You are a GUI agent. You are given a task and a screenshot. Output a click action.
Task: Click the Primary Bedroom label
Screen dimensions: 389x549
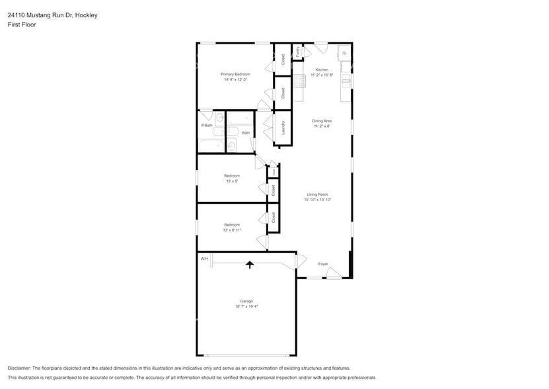[x=235, y=74]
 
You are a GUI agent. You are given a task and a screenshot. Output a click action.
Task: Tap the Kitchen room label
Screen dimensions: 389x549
[x=322, y=69]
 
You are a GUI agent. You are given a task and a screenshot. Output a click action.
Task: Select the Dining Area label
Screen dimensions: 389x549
[x=322, y=120]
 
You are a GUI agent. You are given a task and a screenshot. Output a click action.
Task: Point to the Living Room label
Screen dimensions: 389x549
[x=317, y=194]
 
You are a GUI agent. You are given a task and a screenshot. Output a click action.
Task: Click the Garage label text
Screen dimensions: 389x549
[x=246, y=301]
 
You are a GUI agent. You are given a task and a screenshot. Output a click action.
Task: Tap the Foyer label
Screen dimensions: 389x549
[x=323, y=264]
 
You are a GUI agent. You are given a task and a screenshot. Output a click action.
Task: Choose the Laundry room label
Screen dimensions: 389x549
[x=283, y=127]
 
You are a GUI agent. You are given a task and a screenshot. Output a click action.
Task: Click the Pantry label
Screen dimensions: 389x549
[x=298, y=52]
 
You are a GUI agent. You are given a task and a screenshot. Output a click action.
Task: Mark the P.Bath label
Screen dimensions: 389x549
[x=207, y=125]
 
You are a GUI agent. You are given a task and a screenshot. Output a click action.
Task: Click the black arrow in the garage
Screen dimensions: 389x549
[x=250, y=264]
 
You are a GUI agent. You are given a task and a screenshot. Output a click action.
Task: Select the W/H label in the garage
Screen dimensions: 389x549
[x=204, y=258]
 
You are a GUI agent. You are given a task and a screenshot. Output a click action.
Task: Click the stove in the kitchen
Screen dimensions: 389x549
[x=299, y=81]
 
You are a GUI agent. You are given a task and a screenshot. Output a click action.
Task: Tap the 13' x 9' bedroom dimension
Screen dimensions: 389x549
[x=231, y=181]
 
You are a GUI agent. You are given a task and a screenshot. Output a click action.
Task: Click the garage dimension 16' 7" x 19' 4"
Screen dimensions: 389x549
[x=246, y=307]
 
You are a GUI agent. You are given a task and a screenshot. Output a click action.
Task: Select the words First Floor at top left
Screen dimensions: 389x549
[x=22, y=24]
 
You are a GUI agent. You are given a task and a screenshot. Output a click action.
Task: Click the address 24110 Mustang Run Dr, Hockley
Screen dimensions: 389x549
[x=52, y=15]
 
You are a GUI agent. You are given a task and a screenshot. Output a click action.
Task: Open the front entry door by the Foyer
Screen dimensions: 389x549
[x=335, y=273]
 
